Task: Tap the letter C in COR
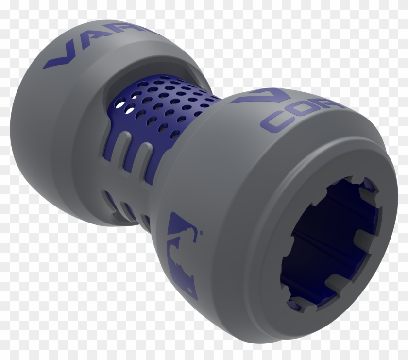(x=275, y=121)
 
